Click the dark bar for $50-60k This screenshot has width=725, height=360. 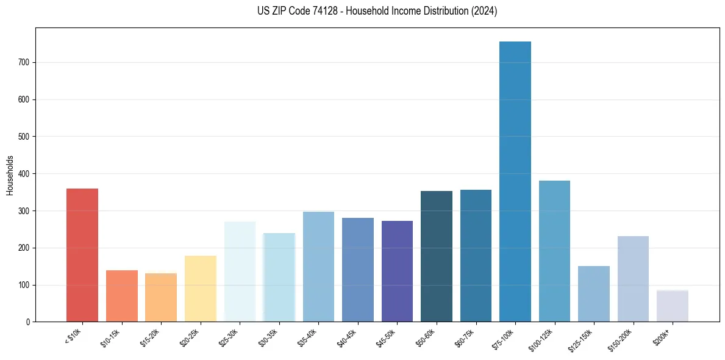pos(437,256)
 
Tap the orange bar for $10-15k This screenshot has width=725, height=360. pos(122,296)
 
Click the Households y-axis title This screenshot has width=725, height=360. pos(10,175)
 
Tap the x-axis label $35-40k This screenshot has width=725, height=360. pos(309,337)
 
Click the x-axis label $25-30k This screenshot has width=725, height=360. pos(230,337)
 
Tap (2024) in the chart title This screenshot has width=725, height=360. pos(485,11)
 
